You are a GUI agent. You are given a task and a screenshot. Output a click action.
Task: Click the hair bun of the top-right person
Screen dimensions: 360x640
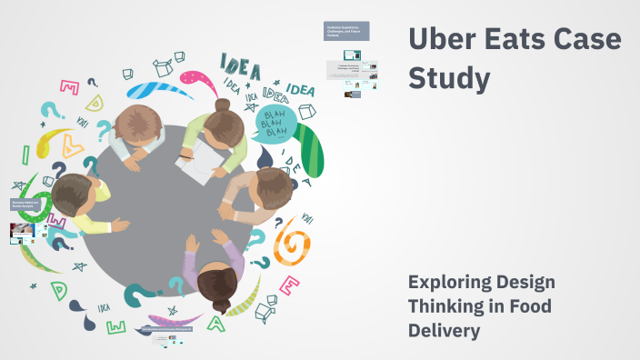click(x=224, y=105)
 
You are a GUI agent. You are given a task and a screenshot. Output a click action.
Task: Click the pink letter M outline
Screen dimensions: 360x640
click(x=69, y=87)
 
